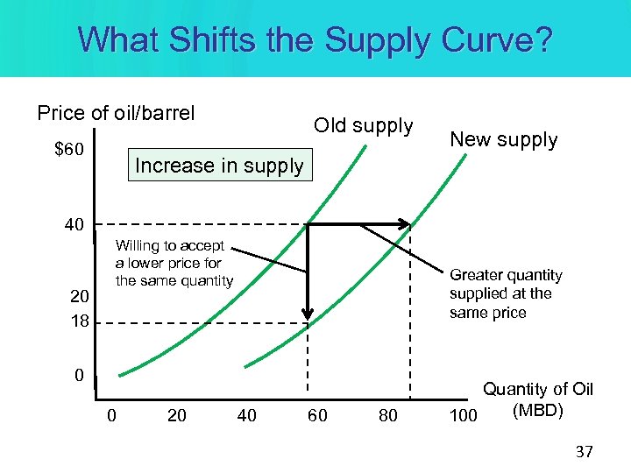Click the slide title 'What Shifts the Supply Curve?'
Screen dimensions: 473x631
315,40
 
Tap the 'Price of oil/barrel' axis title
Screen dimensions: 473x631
116,113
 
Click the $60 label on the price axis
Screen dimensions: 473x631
69,151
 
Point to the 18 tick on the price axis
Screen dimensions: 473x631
79,321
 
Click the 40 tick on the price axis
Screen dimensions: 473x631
74,225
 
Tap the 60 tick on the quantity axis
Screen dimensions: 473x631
317,415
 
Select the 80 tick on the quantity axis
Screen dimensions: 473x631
387,415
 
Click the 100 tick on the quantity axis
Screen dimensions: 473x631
463,415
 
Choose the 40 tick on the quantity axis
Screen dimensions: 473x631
247,415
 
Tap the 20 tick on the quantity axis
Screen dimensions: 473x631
177,415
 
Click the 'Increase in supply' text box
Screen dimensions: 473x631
219,166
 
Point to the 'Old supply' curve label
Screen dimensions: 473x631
364,125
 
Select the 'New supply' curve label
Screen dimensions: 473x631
503,139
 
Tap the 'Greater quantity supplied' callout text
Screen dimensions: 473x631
506,293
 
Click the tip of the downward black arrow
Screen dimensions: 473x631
308,321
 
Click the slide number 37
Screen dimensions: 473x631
584,452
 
